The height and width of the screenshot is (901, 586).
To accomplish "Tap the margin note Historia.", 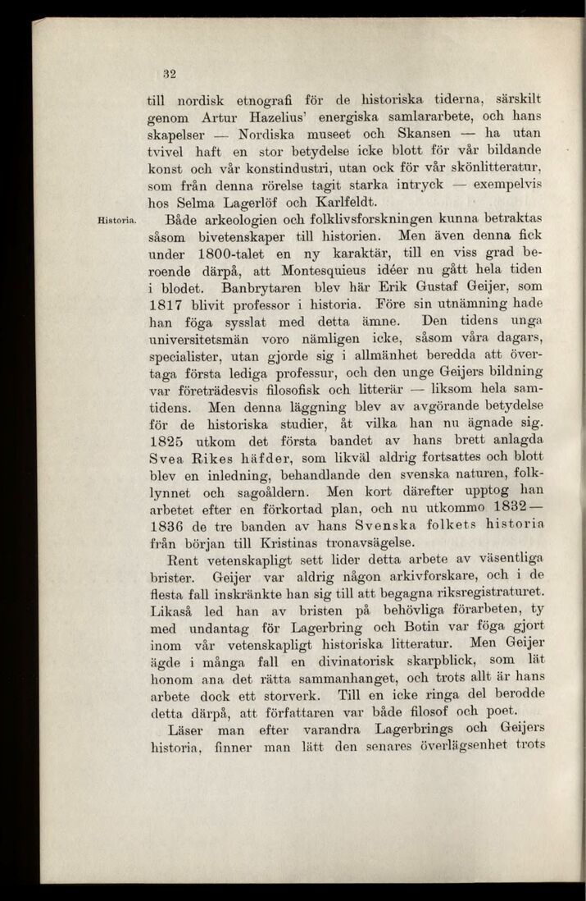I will (117, 219).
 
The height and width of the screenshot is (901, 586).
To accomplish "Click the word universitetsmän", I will (205, 345).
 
